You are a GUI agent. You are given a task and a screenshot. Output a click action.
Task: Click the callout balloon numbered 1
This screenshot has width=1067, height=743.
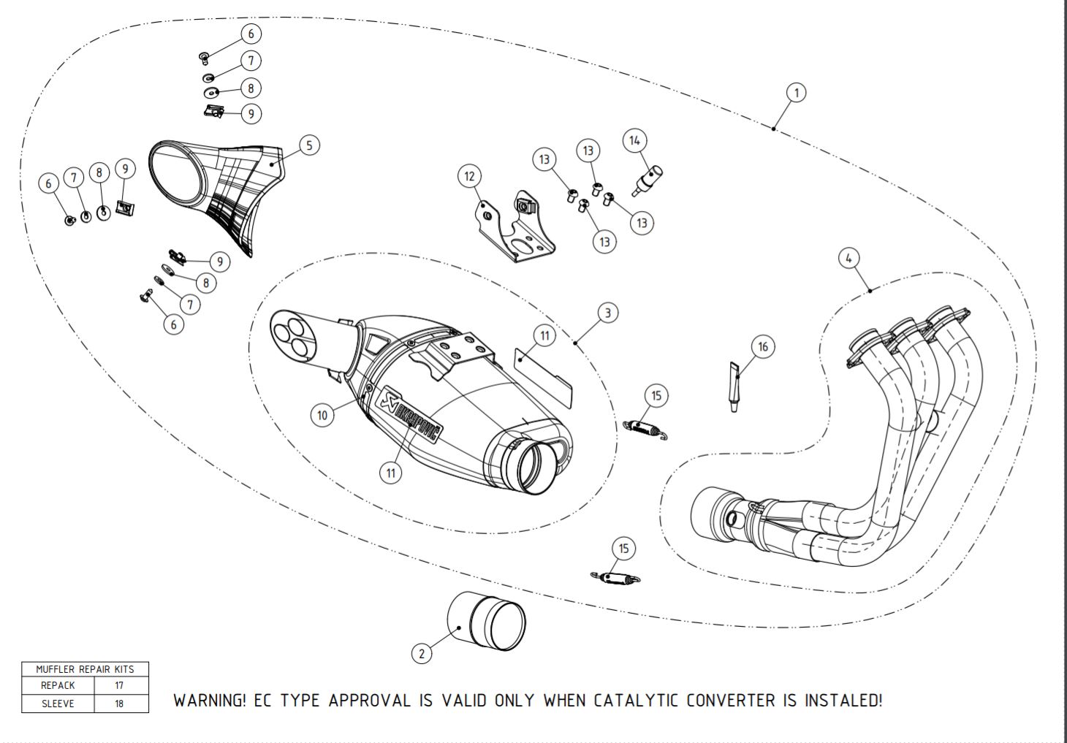coord(796,92)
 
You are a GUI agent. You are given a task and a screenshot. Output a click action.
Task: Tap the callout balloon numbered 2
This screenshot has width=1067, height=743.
coord(422,653)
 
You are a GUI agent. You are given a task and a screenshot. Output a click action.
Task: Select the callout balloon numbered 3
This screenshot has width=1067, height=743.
coord(608,313)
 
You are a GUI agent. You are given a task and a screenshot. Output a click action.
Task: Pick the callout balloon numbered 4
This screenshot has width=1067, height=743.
coord(848,258)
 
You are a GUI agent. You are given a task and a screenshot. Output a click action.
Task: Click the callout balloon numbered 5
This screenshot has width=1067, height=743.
coord(309,145)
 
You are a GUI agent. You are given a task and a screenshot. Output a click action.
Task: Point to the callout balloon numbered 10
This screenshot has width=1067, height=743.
coord(322,415)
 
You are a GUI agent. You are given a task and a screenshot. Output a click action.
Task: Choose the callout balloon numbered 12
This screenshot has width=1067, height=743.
coord(469,176)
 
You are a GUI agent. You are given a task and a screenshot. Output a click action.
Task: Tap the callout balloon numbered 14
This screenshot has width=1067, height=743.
coord(634,140)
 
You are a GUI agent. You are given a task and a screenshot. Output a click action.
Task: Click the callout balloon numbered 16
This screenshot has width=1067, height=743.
coord(763,347)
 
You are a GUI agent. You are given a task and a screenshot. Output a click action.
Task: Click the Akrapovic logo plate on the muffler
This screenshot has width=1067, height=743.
coord(409,414)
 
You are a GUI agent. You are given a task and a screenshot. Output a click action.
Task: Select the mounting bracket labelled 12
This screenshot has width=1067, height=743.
coord(517,227)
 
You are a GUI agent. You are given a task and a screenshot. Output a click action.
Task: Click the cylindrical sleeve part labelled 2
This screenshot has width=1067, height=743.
coord(486,621)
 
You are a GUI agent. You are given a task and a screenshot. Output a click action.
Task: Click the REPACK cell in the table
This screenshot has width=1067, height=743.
coord(58,685)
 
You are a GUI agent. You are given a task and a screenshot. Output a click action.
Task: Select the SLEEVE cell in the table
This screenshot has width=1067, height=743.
coord(58,704)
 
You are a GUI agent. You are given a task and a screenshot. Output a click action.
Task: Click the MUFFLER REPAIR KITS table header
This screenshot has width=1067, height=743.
coord(86,669)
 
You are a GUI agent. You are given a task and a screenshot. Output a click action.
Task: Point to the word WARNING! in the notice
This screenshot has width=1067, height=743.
coord(210,701)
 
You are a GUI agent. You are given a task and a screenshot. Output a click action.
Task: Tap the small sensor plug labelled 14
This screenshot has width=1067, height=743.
coord(647,180)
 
